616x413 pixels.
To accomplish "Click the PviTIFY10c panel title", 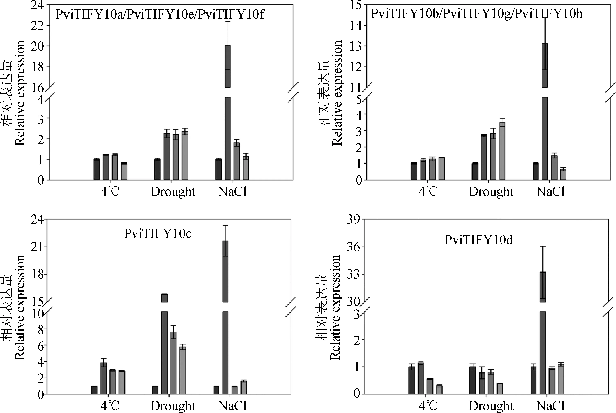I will (158, 233).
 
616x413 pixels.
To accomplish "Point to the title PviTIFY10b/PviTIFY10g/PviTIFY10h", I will (477, 13).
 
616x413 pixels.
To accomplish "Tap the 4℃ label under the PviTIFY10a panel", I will (110, 192).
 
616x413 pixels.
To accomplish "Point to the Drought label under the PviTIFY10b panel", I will (491, 192).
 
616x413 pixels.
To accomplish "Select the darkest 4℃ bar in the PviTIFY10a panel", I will (97, 169).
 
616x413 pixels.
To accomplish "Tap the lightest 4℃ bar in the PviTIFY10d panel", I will (439, 390).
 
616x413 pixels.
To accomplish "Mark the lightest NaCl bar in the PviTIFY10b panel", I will (563, 174).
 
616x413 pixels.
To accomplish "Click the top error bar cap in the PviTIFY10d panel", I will (543, 246).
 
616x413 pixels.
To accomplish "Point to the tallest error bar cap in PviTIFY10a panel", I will (228, 22).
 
